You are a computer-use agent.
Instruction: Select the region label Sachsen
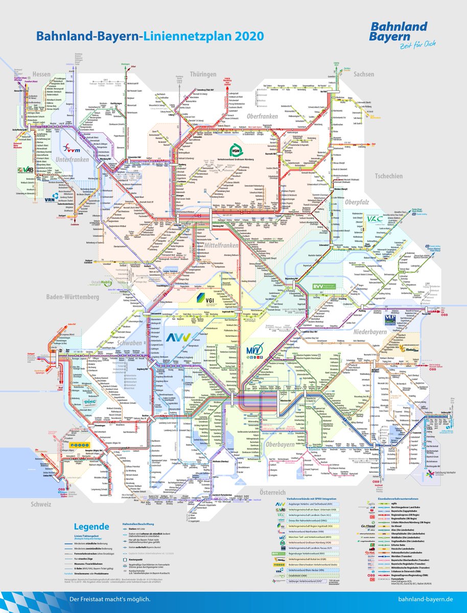[363, 74]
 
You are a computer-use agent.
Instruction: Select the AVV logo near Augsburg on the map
[178, 337]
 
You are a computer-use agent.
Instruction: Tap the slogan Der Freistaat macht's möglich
[110, 599]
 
